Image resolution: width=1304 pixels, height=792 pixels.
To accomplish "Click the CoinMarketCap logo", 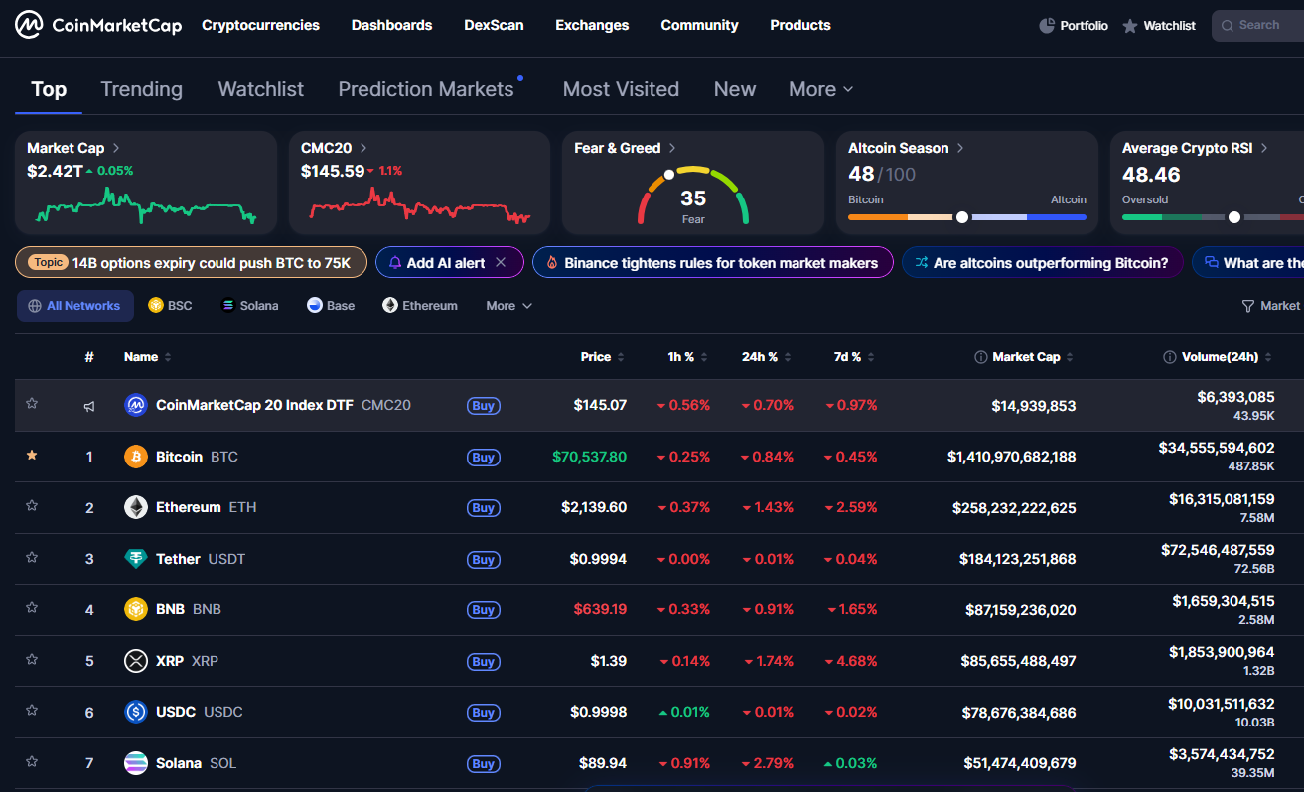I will [98, 25].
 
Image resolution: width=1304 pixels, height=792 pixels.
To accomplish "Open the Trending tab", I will [141, 89].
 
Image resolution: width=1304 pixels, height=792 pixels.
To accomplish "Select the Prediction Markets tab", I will [426, 89].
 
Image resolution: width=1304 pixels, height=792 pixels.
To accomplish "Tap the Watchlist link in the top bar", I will [1159, 26].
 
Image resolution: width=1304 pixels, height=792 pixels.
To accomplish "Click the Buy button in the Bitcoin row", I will [484, 458].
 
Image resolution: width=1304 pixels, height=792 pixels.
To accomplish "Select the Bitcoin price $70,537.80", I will [589, 457].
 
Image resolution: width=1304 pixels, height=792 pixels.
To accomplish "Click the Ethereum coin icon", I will [136, 507].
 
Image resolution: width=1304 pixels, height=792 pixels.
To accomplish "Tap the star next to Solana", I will [32, 761].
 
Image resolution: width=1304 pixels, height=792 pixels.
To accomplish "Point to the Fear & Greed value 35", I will [693, 198].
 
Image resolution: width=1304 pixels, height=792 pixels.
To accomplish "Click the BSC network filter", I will [170, 306].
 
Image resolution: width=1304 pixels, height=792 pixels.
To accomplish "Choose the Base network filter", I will [331, 306].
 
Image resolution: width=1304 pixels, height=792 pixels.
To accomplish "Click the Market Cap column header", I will [1026, 357].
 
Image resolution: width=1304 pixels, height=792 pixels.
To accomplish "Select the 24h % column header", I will [760, 357].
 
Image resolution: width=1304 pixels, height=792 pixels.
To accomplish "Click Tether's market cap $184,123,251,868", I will [1017, 559].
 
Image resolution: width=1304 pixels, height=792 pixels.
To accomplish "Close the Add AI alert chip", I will [501, 263].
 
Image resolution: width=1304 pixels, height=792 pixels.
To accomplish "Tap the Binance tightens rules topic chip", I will [712, 263].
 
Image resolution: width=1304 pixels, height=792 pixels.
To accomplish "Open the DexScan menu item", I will [494, 25].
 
